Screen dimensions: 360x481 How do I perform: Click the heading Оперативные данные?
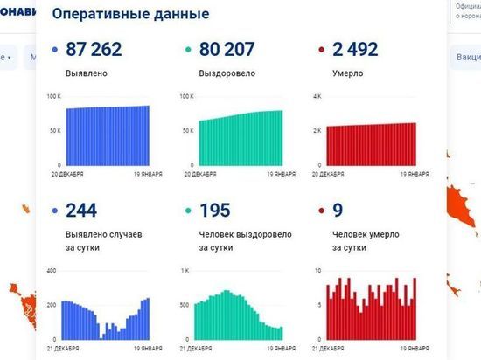pyautogui.click(x=130, y=15)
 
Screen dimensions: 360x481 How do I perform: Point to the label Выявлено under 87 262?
pyautogui.click(x=84, y=73)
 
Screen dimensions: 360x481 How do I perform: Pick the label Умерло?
pyautogui.click(x=340, y=73)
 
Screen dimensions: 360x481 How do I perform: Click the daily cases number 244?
pyautogui.click(x=81, y=210)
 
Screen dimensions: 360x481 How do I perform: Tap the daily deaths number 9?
pyautogui.click(x=338, y=210)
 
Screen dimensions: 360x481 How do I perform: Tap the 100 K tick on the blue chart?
pyautogui.click(x=53, y=95)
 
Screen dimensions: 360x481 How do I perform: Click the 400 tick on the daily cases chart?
pyautogui.click(x=52, y=271)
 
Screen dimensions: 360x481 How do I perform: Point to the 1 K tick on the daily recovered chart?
pyautogui.click(x=185, y=271)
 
